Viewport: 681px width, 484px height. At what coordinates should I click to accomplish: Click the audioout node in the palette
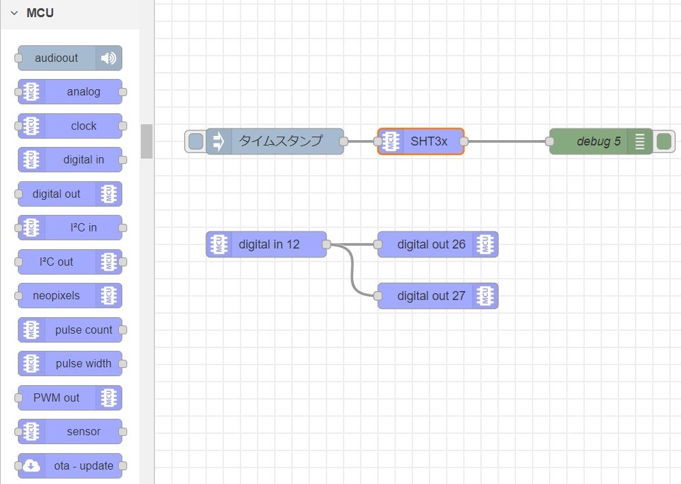69,58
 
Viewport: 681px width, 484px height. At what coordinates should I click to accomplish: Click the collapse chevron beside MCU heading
14,13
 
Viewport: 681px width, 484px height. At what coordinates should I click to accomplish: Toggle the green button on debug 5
664,141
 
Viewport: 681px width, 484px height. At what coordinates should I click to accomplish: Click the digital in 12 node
268,244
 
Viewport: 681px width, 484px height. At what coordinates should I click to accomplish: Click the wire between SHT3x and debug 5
506,141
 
